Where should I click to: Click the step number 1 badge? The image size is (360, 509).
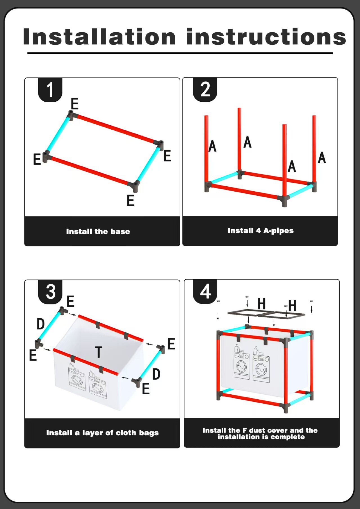point(50,90)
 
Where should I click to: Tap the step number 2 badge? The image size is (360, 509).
point(205,90)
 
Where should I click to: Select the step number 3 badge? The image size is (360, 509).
point(51,291)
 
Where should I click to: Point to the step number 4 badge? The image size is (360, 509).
point(205,291)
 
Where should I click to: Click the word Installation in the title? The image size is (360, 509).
point(99,37)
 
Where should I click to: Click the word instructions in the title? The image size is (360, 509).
point(266,37)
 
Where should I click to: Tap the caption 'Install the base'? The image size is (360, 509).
point(98,232)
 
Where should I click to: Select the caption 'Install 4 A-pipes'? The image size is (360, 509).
point(260,231)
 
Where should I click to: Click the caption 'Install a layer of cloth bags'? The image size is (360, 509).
point(102,433)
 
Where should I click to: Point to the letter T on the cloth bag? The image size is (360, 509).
point(98,352)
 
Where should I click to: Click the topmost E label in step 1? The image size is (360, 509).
point(75,104)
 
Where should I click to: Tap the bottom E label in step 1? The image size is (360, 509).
point(130,201)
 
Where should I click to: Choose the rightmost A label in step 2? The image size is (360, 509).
point(322,158)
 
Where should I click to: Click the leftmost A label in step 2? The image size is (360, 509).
point(212,146)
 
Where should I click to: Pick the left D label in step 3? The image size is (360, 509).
point(41,324)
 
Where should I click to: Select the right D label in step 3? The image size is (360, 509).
point(156,374)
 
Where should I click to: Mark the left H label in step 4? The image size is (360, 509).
point(262,304)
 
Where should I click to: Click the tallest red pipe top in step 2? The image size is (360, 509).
point(239,110)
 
